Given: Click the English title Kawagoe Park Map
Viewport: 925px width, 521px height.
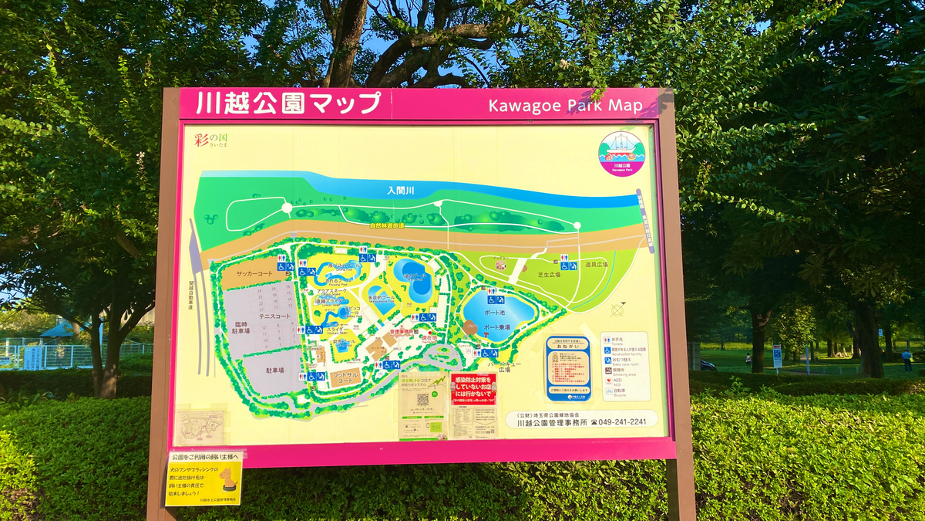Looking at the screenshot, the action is pyautogui.click(x=565, y=106).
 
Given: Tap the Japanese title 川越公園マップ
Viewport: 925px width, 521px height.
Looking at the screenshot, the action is pyautogui.click(x=288, y=103).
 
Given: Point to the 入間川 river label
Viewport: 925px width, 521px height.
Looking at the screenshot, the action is pyautogui.click(x=401, y=190).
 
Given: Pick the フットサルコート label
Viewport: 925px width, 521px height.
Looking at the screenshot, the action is pyautogui.click(x=345, y=377).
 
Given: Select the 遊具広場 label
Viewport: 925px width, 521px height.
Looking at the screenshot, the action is pyautogui.click(x=596, y=265).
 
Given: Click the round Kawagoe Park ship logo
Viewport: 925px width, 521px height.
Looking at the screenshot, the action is pyautogui.click(x=621, y=151).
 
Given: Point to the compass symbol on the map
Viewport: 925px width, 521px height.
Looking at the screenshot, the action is pyautogui.click(x=617, y=310).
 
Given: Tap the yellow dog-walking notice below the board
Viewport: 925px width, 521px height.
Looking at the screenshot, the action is pyautogui.click(x=203, y=478).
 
